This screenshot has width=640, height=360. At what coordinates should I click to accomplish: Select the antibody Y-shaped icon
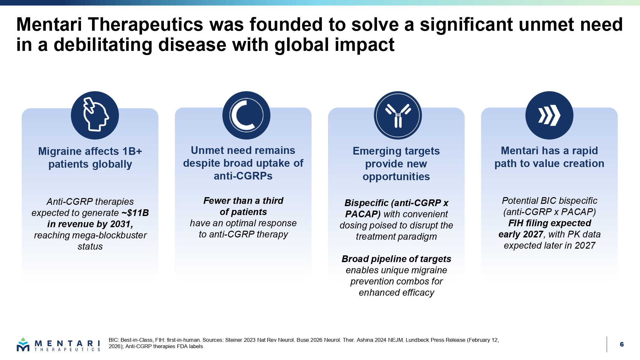pyautogui.click(x=398, y=115)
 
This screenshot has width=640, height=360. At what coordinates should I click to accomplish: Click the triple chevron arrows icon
pyautogui.click(x=549, y=115)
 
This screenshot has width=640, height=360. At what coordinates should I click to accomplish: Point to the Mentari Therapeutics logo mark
pyautogui.click(x=23, y=344)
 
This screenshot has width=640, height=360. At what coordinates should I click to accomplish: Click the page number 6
pyautogui.click(x=622, y=344)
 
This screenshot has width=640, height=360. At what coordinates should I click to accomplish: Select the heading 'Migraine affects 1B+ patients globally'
pyautogui.click(x=90, y=158)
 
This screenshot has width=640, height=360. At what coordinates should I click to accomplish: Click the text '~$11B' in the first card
pyautogui.click(x=135, y=213)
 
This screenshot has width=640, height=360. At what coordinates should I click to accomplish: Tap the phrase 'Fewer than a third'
pyautogui.click(x=243, y=201)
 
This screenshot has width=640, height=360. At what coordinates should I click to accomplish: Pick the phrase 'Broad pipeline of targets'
pyautogui.click(x=396, y=259)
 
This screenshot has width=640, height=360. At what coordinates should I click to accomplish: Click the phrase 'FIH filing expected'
pyautogui.click(x=550, y=223)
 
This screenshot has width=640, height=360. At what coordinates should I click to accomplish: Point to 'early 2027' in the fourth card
pyautogui.click(x=521, y=234)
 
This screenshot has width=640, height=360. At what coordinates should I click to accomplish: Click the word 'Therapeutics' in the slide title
pyautogui.click(x=146, y=25)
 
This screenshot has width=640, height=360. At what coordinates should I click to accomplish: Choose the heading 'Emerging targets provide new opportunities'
pyautogui.click(x=396, y=164)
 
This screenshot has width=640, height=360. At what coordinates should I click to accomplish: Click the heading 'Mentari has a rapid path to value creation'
pyautogui.click(x=549, y=157)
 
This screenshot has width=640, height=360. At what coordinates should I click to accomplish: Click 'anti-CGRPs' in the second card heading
pyautogui.click(x=243, y=176)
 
